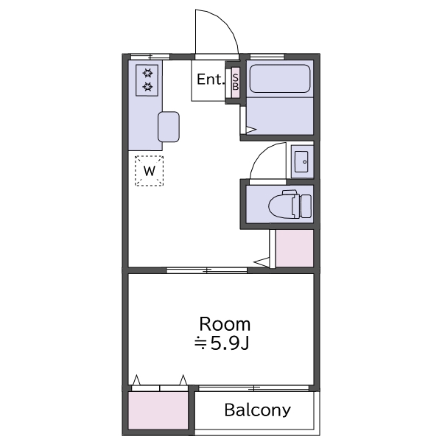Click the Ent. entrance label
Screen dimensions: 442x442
coord(211,80)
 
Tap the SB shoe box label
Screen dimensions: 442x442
coord(236,82)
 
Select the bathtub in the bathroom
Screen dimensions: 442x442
coord(280,79)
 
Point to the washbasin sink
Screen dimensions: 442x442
coord(301,161)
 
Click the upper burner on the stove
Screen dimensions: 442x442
coord(147,73)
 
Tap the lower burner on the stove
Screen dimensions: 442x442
coord(147,86)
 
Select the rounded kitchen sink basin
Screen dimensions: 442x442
coord(169,127)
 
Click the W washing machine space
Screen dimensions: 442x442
coord(149,171)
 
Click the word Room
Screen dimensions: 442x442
coord(225,324)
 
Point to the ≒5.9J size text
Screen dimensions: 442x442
coord(222,343)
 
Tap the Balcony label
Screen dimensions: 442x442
coord(257,410)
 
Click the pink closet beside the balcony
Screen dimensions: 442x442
coord(158,410)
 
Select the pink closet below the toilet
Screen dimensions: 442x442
coord(295,248)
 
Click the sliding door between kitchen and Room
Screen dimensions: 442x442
coord(207,270)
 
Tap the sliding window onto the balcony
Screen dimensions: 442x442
coord(253,388)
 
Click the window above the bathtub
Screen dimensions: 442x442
coord(267,57)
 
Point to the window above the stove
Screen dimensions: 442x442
coord(150,57)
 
